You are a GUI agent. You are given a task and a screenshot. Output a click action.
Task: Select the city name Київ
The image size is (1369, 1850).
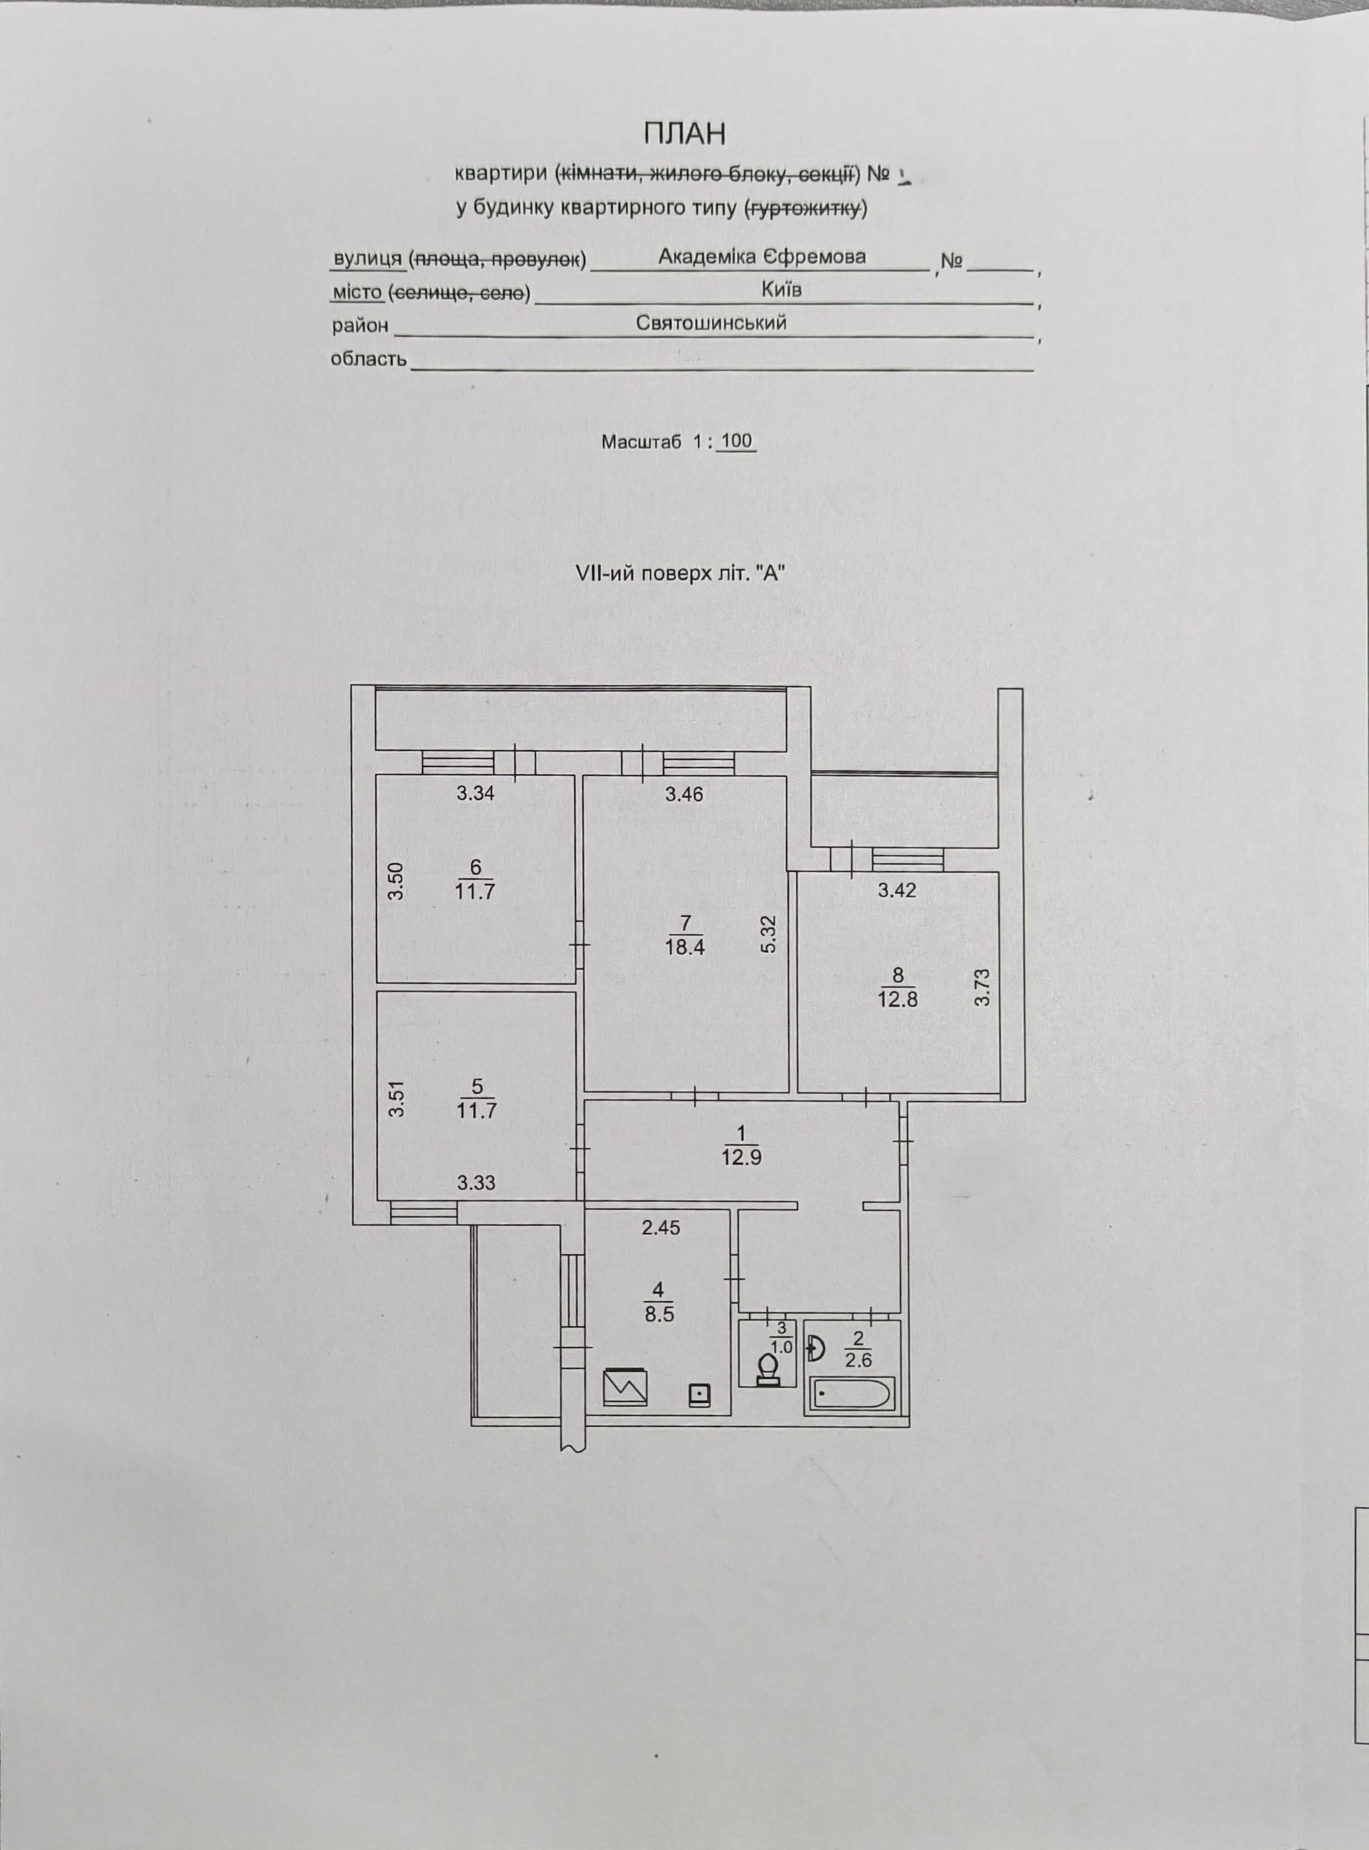pyautogui.click(x=781, y=289)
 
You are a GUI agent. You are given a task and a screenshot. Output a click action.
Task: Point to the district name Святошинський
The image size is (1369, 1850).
pyautogui.click(x=711, y=323)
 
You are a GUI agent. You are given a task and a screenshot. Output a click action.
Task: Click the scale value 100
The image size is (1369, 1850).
pyautogui.click(x=736, y=441)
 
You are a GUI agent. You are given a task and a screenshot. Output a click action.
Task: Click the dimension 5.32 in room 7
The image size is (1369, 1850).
pyautogui.click(x=768, y=934)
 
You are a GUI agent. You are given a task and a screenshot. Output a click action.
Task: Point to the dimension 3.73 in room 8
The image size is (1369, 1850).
pyautogui.click(x=982, y=987)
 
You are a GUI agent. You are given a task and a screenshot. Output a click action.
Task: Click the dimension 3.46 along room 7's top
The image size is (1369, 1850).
pyautogui.click(x=685, y=794)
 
